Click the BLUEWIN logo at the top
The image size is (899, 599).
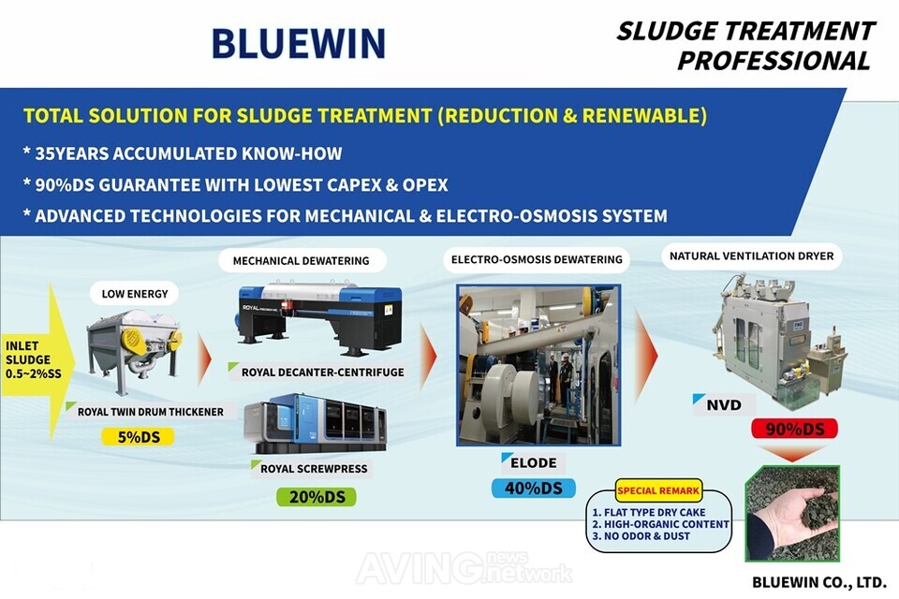point(298,43)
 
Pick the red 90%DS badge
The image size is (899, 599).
point(793,429)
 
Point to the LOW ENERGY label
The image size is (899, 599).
point(135,294)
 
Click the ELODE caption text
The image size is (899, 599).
point(534,462)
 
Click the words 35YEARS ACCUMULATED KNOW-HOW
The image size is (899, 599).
point(183,153)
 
